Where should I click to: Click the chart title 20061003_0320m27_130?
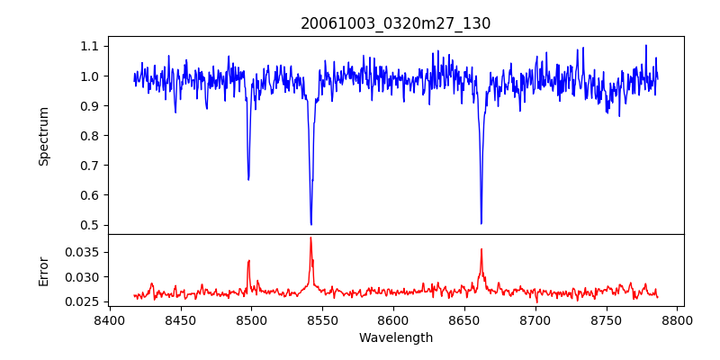click(395, 23)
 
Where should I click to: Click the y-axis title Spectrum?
click(43, 136)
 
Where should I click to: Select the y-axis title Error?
click(43, 271)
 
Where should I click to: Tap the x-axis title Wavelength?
click(395, 338)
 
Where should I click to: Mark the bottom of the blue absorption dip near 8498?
click(248, 180)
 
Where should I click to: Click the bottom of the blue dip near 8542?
click(310, 224)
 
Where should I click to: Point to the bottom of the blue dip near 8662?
click(481, 223)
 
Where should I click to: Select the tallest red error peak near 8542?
click(310, 238)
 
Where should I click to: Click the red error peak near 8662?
click(481, 249)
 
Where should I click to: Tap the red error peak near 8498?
click(248, 261)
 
